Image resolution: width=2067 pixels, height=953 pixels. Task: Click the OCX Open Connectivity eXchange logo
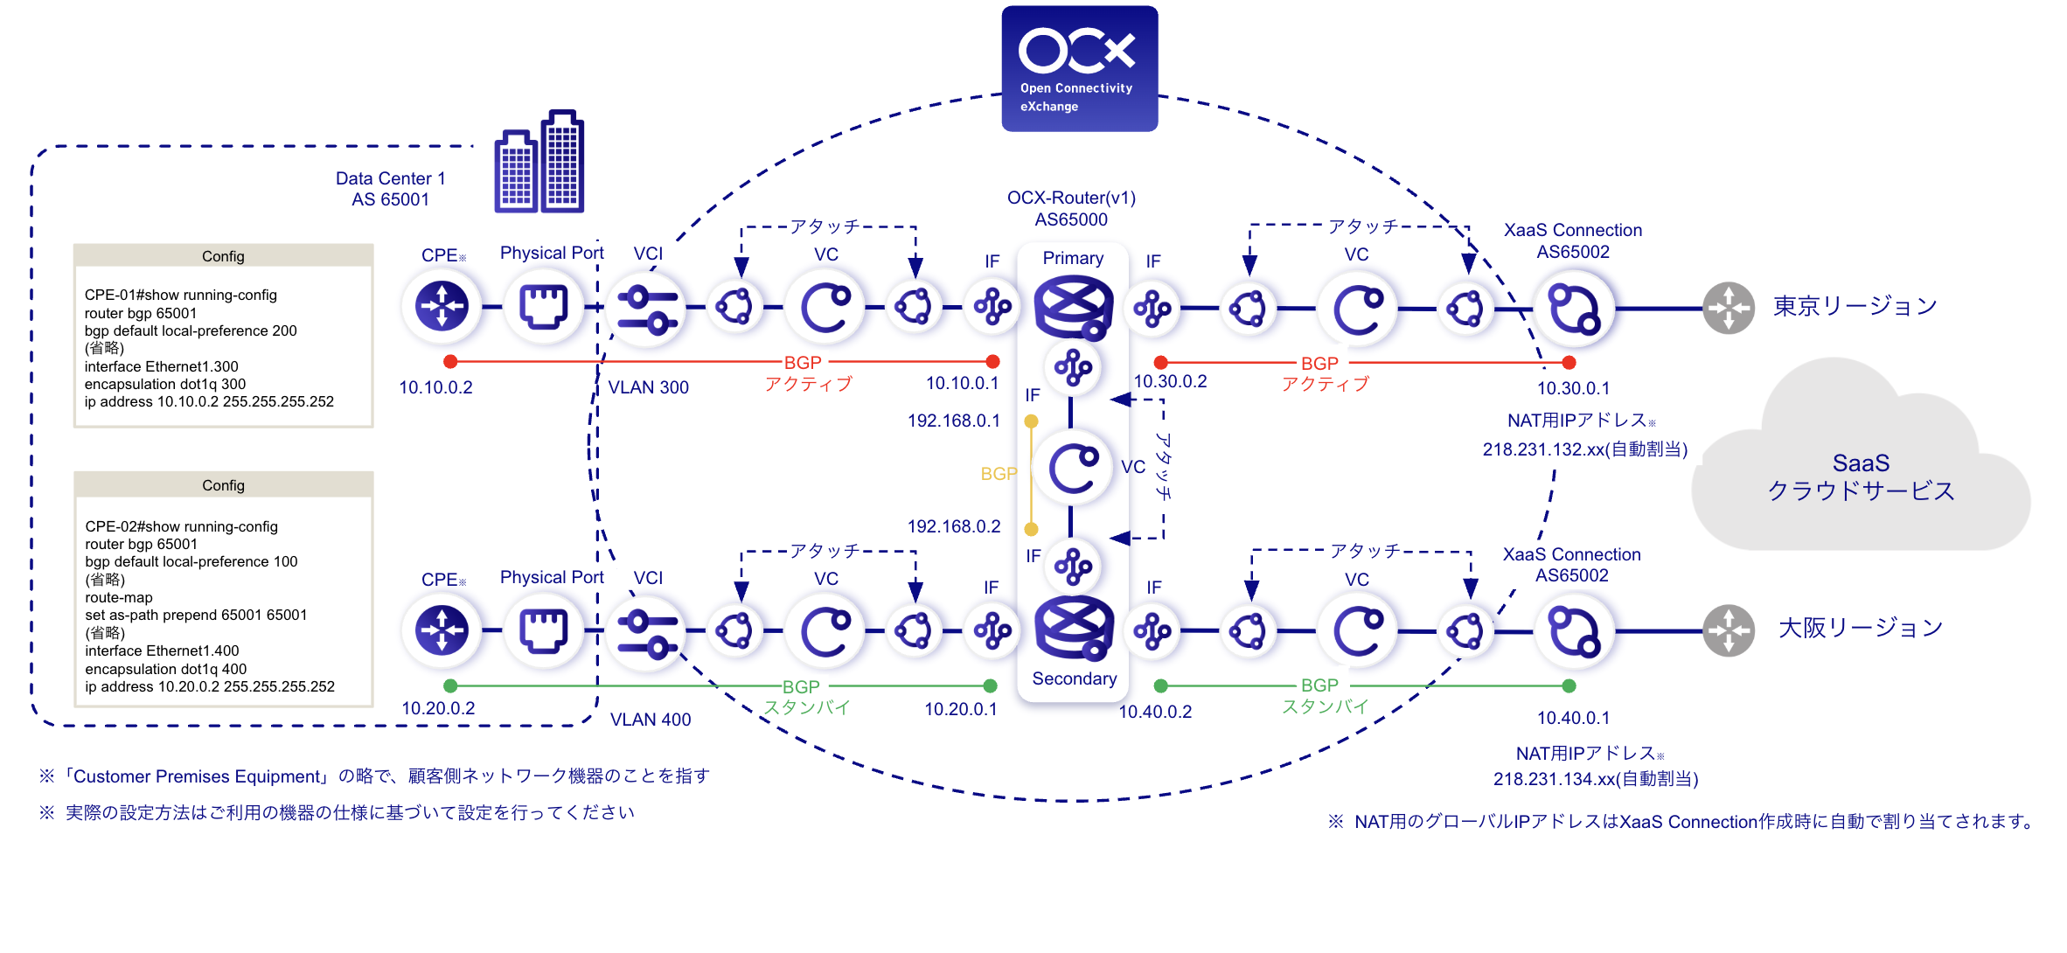click(1079, 69)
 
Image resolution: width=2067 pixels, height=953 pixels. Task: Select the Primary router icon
click(1073, 307)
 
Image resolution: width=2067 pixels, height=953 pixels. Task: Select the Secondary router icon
click(1073, 628)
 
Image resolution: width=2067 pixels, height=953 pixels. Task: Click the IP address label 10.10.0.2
click(435, 387)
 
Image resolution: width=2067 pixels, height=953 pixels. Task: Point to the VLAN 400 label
click(651, 720)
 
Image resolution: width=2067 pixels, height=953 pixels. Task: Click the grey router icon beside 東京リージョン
click(1728, 308)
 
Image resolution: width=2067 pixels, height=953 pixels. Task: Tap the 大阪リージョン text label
click(1860, 628)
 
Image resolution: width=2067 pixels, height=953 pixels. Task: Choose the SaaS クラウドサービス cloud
click(1861, 476)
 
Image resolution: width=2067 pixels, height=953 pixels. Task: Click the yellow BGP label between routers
click(999, 474)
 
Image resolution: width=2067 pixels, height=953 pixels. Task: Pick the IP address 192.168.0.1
click(953, 421)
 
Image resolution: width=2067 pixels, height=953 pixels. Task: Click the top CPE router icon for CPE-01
click(442, 306)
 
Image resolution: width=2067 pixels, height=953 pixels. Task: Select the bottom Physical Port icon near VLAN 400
click(544, 630)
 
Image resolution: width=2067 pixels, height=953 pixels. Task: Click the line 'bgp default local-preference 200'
click(191, 330)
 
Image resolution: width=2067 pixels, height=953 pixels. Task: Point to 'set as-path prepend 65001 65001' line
click(196, 615)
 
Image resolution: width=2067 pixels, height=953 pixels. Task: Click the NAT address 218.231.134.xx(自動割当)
click(1595, 779)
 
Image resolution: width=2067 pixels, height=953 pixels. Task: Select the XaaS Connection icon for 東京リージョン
click(1574, 308)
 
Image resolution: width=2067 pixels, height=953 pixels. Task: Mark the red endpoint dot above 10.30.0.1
click(1569, 362)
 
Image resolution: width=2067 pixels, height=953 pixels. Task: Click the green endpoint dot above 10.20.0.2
click(450, 685)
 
